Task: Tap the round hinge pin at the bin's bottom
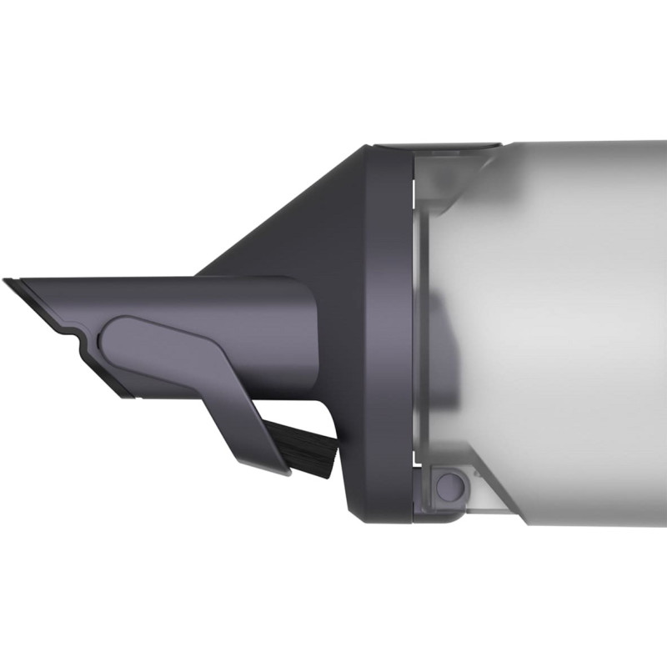449,484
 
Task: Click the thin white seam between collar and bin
414,333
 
